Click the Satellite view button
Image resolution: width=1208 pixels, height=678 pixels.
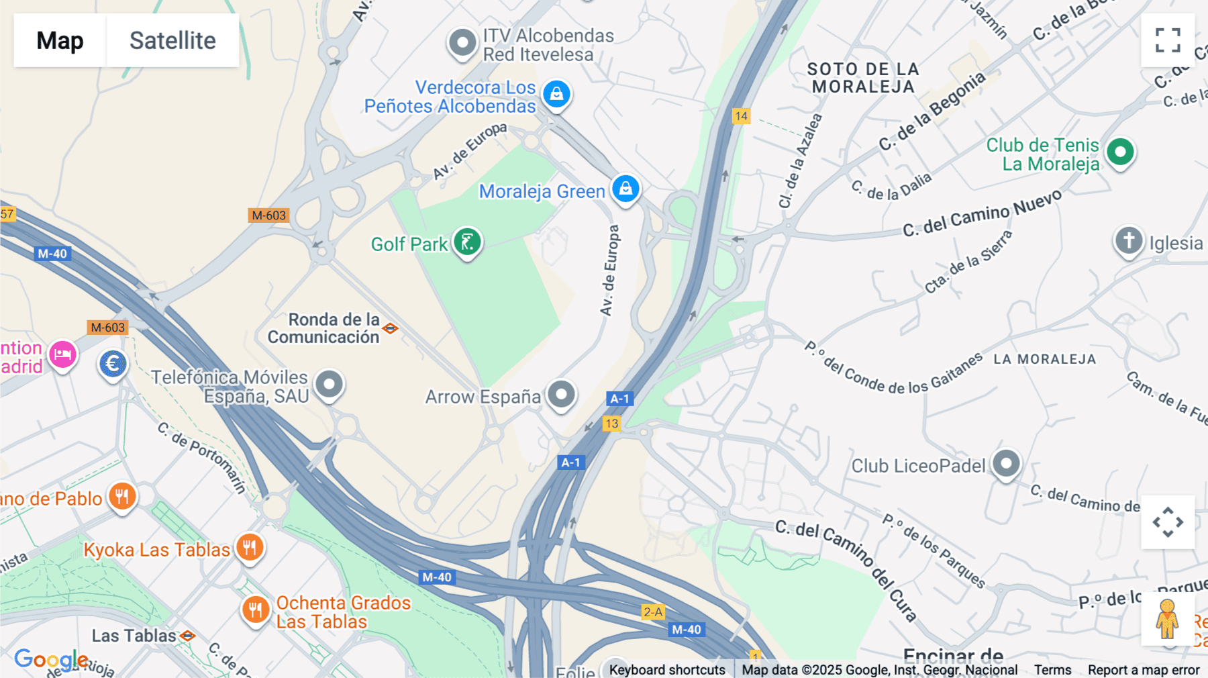click(172, 40)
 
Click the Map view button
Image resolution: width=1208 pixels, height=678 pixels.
click(60, 40)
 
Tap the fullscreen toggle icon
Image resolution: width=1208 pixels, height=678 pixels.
click(1168, 40)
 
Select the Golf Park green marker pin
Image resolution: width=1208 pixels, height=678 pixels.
click(467, 242)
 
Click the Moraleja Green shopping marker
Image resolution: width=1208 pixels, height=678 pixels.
click(625, 189)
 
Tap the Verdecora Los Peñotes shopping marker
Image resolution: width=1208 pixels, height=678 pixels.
click(556, 94)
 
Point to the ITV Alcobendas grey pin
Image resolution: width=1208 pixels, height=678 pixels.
click(462, 43)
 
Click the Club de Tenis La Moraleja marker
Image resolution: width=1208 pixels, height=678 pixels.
click(1120, 152)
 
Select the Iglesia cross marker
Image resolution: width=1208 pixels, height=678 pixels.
click(1129, 240)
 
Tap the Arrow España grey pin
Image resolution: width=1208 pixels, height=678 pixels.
click(561, 394)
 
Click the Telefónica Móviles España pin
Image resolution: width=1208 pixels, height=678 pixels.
click(329, 385)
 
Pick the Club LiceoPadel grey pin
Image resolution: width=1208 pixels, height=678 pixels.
click(1006, 463)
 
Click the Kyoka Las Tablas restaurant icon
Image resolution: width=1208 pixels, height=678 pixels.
click(250, 547)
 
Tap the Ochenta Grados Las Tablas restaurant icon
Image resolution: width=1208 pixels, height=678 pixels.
click(256, 610)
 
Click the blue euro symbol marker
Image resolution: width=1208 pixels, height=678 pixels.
click(113, 364)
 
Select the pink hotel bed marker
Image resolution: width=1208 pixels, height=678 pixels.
click(62, 354)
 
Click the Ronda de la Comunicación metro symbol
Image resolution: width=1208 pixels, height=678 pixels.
click(391, 328)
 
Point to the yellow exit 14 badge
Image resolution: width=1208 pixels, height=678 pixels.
click(741, 116)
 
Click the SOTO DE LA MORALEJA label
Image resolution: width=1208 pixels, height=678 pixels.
click(863, 78)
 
